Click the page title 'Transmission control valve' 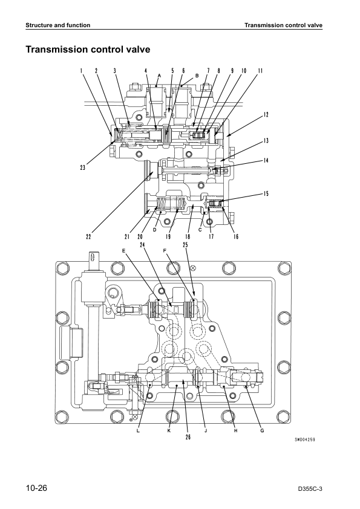coord(88,50)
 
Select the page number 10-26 coord(37,488)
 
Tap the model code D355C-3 coord(310,489)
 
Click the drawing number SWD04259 coord(304,439)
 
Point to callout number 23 coord(83,167)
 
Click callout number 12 coord(266,115)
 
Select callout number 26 coord(188,437)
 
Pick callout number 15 coord(266,193)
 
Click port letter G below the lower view coord(262,431)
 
